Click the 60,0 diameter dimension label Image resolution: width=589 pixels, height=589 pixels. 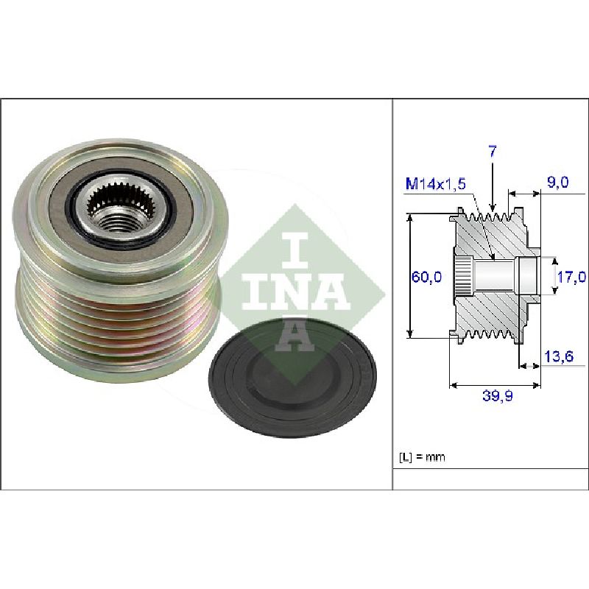[426, 277]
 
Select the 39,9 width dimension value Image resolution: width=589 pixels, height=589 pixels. [498, 396]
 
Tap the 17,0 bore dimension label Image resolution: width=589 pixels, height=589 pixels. [571, 278]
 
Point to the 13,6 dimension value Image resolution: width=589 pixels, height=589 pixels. [559, 356]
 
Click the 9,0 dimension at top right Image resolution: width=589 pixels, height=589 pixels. [558, 182]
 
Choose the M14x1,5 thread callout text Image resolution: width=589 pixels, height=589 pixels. [436, 183]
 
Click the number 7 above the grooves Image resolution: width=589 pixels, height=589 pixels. [493, 152]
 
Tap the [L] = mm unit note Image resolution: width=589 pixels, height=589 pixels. [421, 457]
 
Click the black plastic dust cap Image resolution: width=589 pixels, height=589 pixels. [292, 377]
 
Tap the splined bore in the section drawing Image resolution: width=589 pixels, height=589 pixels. [464, 278]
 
